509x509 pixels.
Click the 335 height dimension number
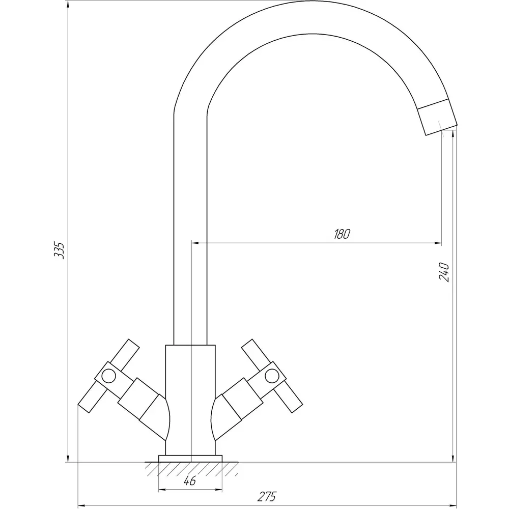pyautogui.click(x=59, y=249)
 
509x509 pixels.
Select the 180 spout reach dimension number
pyautogui.click(x=342, y=234)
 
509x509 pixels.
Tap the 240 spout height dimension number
pyautogui.click(x=444, y=272)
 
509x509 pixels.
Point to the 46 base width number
pyautogui.click(x=189, y=481)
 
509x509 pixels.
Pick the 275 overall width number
pyautogui.click(x=267, y=497)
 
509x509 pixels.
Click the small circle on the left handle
pyautogui.click(x=108, y=376)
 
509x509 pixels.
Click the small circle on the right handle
pyautogui.click(x=272, y=376)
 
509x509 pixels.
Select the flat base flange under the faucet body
pyautogui.click(x=190, y=459)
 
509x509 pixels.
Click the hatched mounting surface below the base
pyautogui.click(x=191, y=469)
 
